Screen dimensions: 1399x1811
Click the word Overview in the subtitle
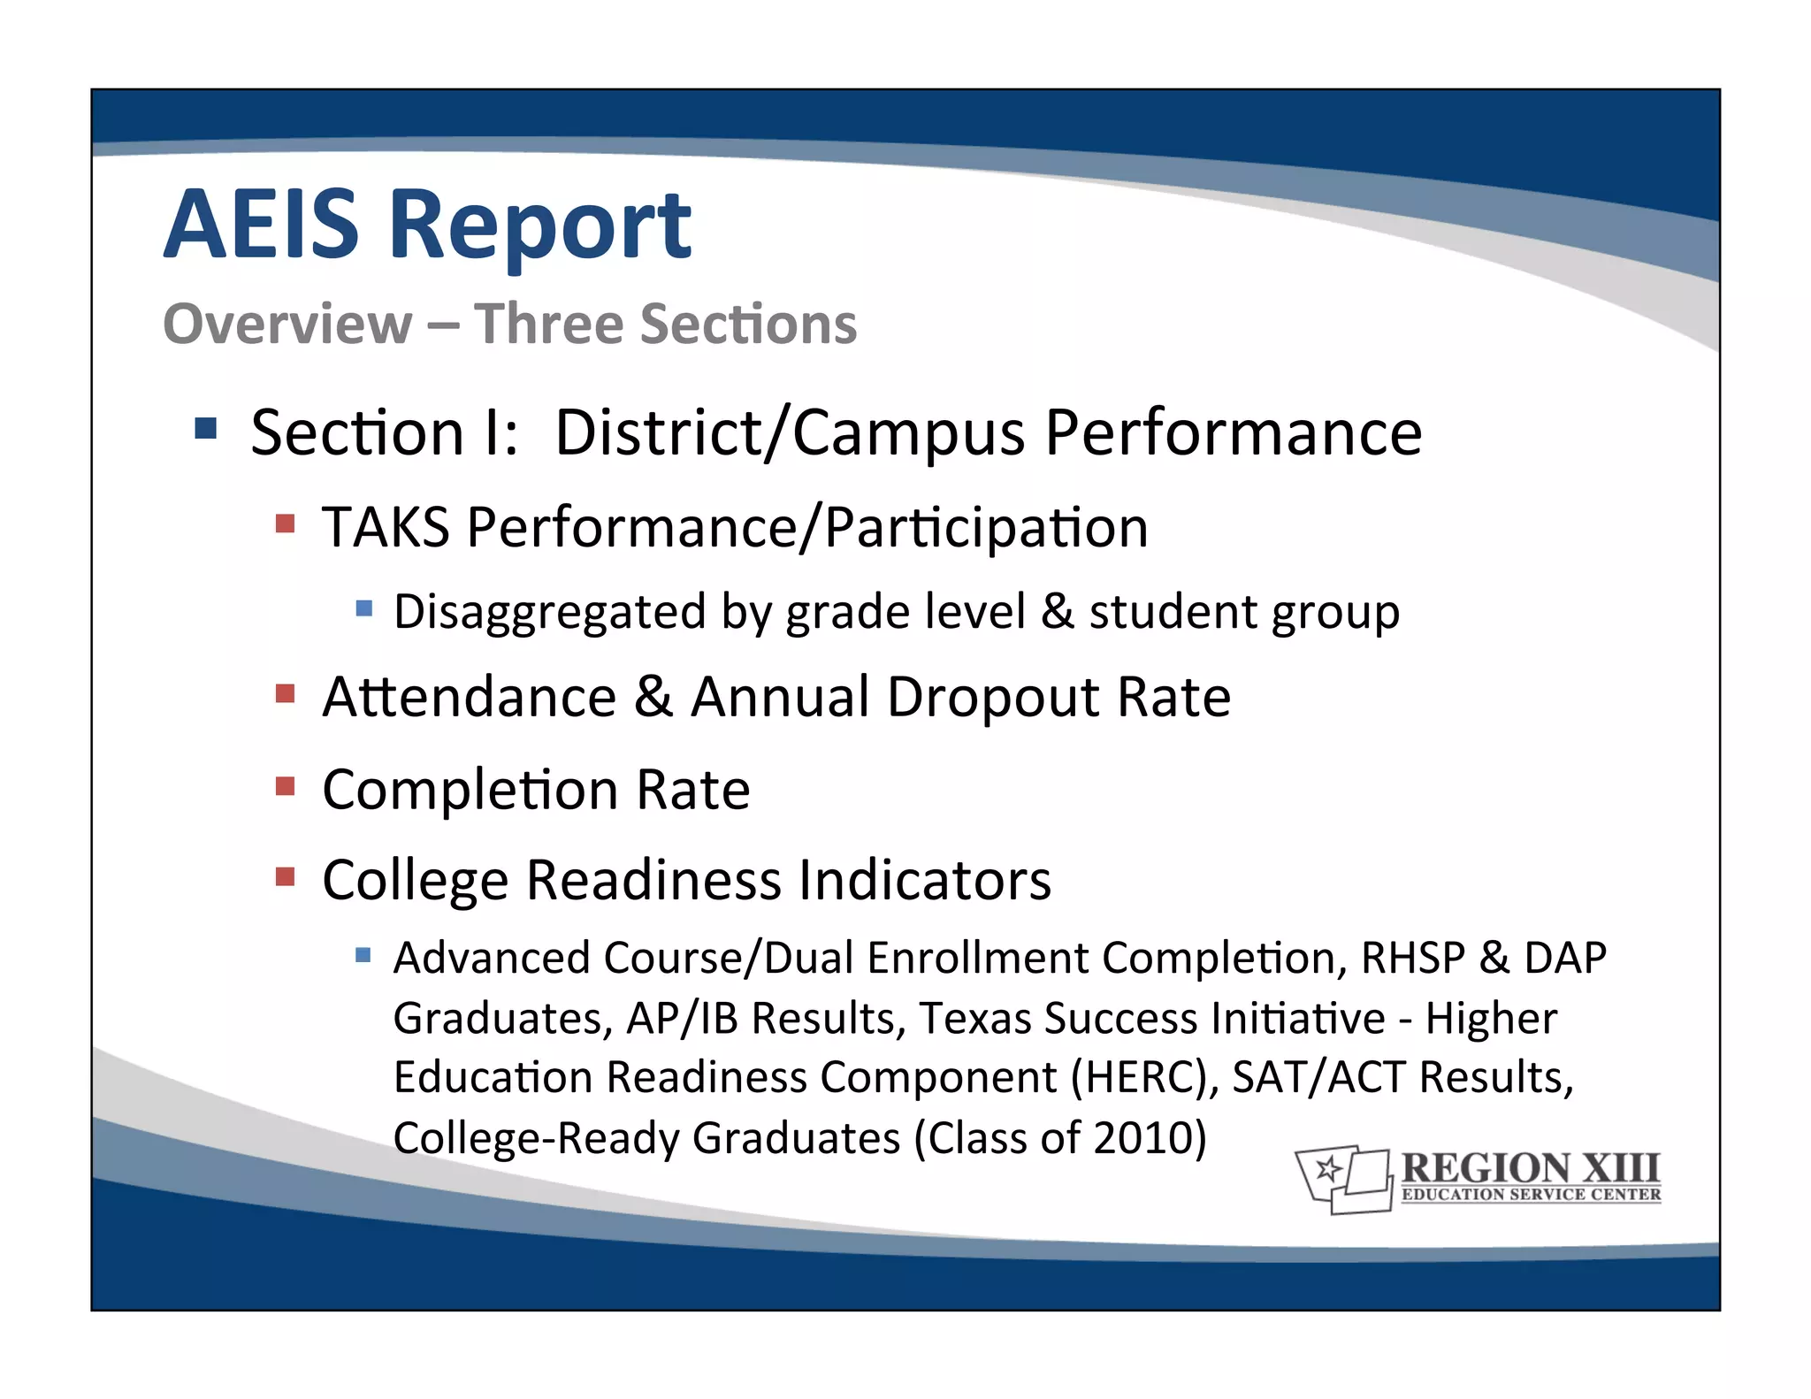[x=287, y=324]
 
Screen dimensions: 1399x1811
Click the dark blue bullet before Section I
[x=205, y=429]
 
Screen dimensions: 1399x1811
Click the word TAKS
[x=386, y=527]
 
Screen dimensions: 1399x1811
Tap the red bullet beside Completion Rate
[x=285, y=785]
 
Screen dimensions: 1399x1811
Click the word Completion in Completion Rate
[x=470, y=789]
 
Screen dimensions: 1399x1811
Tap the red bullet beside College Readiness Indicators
[x=285, y=876]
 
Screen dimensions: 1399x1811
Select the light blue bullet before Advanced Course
[x=363, y=955]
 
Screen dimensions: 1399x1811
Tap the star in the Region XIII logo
[x=1326, y=1170]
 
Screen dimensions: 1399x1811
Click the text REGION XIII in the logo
[x=1531, y=1167]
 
